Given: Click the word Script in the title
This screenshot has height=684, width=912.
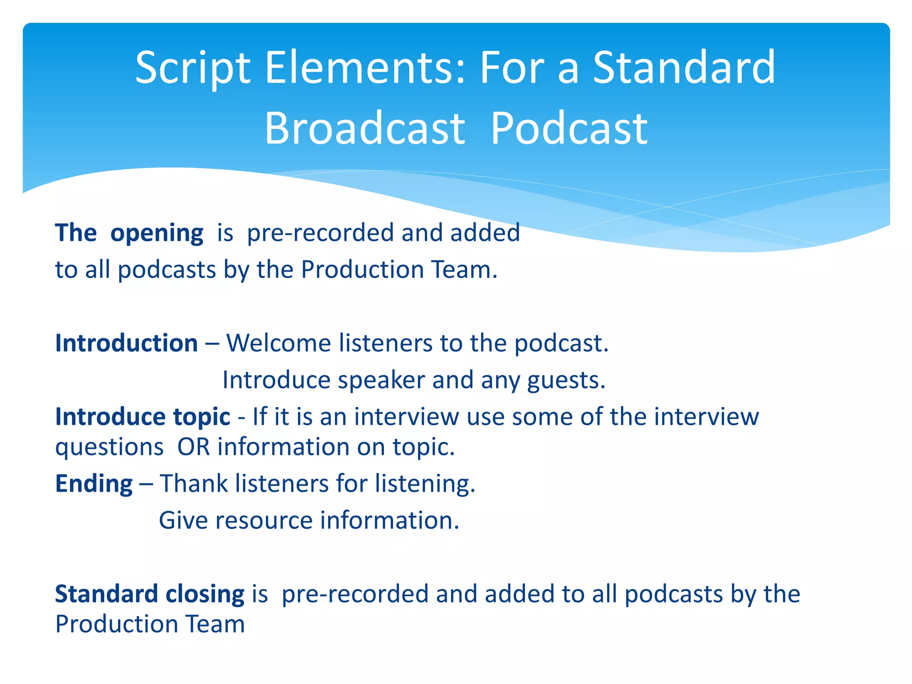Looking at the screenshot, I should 193,68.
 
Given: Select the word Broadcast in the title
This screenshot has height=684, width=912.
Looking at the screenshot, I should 365,129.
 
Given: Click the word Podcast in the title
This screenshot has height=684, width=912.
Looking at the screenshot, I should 569,129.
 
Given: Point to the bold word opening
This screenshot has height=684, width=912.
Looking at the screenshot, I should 157,233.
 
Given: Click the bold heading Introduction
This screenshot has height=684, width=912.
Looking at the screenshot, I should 126,343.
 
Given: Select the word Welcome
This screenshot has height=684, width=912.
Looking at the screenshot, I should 278,343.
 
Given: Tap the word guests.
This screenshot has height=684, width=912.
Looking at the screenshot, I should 566,380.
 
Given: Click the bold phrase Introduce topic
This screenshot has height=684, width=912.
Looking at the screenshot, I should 142,417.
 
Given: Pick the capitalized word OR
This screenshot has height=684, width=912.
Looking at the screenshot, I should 194,447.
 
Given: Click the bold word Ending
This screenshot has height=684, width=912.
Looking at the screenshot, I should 94,484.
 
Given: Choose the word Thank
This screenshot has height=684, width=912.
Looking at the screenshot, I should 194,484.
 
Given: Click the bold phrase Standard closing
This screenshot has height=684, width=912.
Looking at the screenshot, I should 150,594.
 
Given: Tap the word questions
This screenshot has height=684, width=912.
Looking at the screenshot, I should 110,448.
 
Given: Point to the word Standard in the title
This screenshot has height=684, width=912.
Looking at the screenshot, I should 684,68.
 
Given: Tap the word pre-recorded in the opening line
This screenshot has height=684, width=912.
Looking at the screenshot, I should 320,233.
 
